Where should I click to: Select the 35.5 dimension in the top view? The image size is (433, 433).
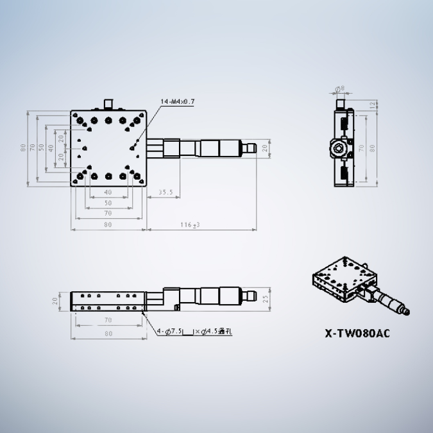(x=166, y=192)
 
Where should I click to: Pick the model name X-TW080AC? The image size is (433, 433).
(x=357, y=333)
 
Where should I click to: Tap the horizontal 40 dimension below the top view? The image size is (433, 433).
(x=107, y=192)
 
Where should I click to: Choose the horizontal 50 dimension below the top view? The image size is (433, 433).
(x=107, y=203)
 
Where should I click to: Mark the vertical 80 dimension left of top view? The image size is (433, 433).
(x=24, y=148)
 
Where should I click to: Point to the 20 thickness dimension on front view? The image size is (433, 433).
(x=56, y=300)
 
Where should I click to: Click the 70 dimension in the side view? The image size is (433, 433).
(x=361, y=148)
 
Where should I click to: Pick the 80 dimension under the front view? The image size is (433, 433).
(x=107, y=334)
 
